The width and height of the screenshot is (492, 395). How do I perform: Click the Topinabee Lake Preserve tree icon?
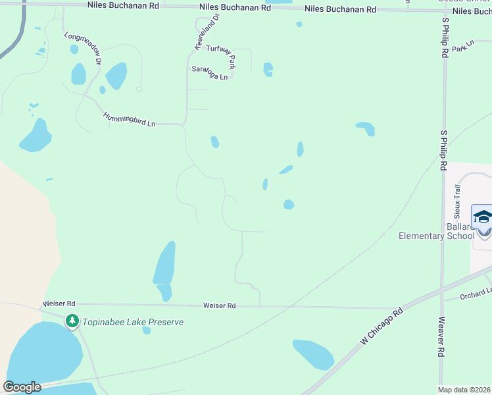tap(71, 322)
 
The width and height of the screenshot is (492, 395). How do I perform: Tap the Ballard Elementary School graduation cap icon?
tap(482, 217)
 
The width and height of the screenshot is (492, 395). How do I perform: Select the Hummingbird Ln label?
tap(130, 119)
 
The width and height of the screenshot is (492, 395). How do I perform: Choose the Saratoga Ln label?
tap(209, 72)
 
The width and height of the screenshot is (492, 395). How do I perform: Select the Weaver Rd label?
tap(441, 338)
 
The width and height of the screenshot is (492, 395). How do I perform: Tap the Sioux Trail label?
tap(458, 201)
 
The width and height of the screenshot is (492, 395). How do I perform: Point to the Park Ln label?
tap(463, 47)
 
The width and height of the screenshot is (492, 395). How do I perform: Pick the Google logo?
tap(22, 387)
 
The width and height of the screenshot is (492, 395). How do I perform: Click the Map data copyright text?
tap(464, 390)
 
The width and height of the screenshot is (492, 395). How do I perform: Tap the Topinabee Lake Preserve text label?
tap(132, 323)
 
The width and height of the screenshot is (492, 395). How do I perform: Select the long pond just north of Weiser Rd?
tap(164, 263)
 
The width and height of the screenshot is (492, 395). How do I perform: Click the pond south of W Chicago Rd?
tap(313, 354)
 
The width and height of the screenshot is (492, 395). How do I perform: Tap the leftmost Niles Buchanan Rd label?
tap(123, 5)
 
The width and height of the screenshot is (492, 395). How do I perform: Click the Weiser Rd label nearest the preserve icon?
tap(59, 303)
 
